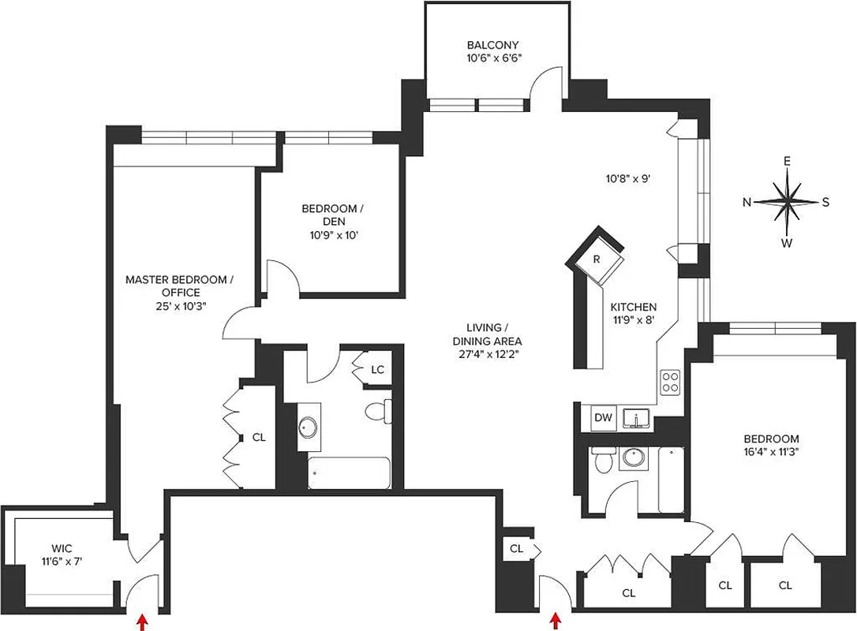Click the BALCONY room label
tap(492, 45)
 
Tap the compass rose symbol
tap(787, 201)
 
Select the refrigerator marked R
tap(598, 259)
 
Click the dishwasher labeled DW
tap(603, 417)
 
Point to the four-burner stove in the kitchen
tap(670, 382)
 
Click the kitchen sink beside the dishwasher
tap(635, 418)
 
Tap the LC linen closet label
tap(377, 368)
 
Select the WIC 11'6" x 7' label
tap(61, 555)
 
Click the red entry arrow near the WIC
tap(143, 620)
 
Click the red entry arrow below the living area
tap(556, 621)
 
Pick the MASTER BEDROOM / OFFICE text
tap(180, 286)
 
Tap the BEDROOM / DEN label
tap(332, 215)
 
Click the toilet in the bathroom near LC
tap(378, 412)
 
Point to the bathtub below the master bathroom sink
tap(348, 473)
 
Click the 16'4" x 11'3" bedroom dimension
tap(771, 453)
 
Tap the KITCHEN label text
tap(633, 308)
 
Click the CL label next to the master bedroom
tap(259, 436)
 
